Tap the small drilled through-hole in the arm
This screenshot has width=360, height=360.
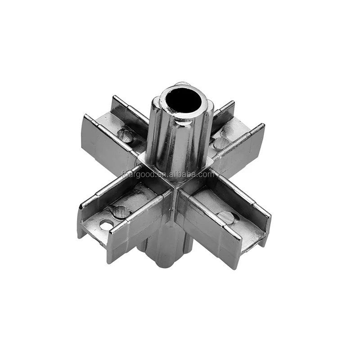coord(106,225)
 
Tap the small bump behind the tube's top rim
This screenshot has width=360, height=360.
coord(181,84)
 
